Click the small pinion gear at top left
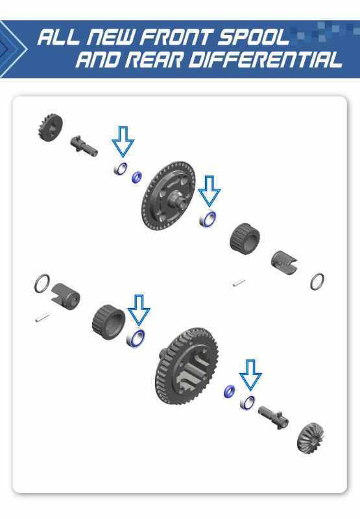coord(50,127)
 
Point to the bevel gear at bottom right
coord(309,437)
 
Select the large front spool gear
coord(169,196)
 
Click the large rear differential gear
coord(187,366)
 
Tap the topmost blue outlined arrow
coord(123,141)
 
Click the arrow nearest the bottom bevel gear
coord(250,375)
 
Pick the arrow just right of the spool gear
coord(209,191)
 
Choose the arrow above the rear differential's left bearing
coord(139,310)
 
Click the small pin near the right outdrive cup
coord(239,283)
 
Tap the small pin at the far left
coord(43,317)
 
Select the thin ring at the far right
coord(317,282)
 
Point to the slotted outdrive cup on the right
coord(284,263)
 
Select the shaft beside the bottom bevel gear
coord(274,417)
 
